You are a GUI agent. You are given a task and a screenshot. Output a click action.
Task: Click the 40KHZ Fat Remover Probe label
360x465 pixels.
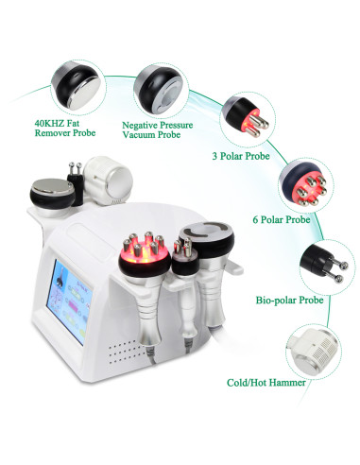65,128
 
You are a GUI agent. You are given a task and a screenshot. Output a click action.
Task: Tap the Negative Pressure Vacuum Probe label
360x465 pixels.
157,129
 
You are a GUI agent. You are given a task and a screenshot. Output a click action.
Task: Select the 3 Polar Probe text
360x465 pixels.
241,156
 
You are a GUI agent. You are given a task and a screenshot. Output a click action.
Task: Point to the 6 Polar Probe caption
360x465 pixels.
282,219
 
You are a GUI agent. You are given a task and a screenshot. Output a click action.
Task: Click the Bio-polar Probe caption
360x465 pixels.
289,300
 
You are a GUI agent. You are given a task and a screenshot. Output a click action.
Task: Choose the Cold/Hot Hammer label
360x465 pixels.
266,383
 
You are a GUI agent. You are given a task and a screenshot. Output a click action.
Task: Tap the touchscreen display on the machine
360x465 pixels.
69,301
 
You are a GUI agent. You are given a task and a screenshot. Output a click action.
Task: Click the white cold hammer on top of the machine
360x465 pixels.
109,181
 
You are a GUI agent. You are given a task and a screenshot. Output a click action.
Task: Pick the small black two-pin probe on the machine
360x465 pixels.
76,182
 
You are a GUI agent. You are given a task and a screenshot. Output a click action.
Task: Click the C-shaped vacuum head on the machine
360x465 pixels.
207,239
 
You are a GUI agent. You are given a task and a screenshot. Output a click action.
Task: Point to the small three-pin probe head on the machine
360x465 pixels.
185,258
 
